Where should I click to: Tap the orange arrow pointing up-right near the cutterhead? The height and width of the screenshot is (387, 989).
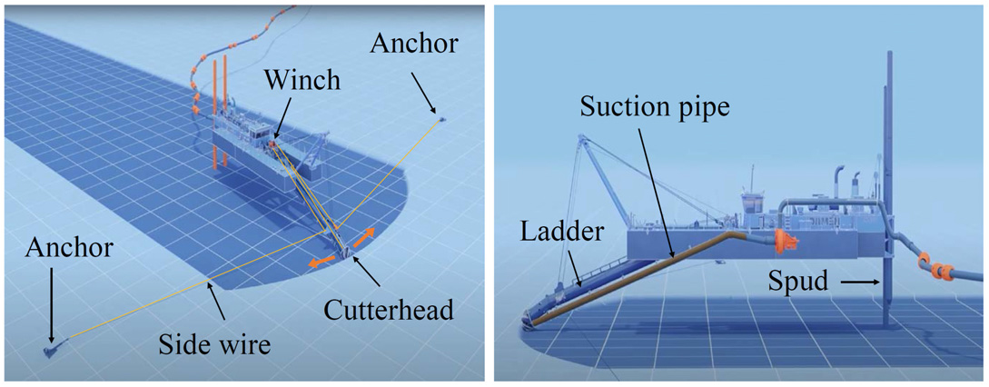click(363, 237)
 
